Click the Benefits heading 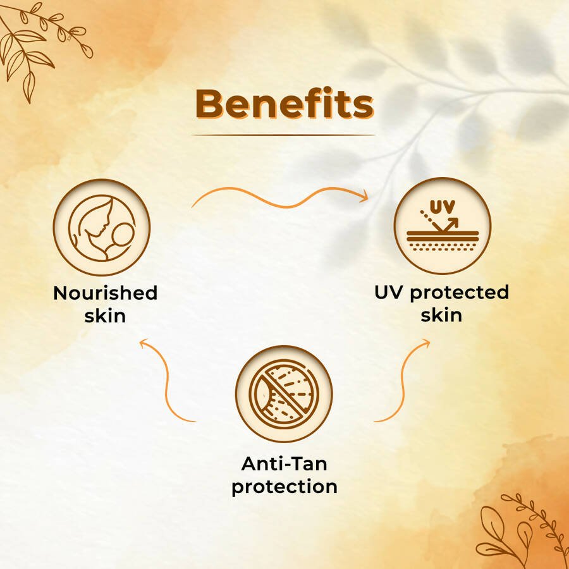pos(284,104)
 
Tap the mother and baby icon pos(102,228)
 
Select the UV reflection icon pos(443,225)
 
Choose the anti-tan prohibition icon pos(284,394)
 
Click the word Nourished pos(105,293)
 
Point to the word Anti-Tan pos(284,464)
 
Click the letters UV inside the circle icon pos(443,207)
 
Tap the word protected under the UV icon pos(460,293)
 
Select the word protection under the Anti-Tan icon pos(284,487)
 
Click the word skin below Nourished pos(105,315)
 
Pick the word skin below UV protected pos(442,315)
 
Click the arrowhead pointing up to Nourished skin pos(144,343)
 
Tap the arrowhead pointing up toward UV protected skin pos(425,343)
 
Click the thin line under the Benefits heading pos(284,135)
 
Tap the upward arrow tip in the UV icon pos(455,220)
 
